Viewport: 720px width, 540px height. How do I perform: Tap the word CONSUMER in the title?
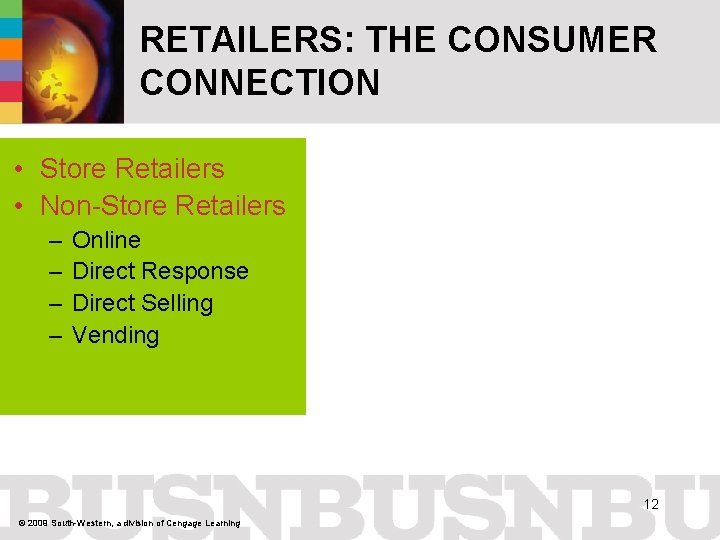point(552,40)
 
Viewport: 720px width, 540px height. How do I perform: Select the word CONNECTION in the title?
point(260,83)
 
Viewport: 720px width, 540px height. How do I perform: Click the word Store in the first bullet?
point(73,169)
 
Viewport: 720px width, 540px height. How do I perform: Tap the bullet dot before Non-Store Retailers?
point(20,207)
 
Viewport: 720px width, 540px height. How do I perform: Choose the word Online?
point(106,240)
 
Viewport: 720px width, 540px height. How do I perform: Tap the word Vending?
point(115,335)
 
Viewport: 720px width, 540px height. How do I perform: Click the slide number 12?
point(651,504)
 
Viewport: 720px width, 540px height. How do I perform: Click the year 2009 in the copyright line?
point(38,523)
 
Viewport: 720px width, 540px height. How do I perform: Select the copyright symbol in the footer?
point(22,523)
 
